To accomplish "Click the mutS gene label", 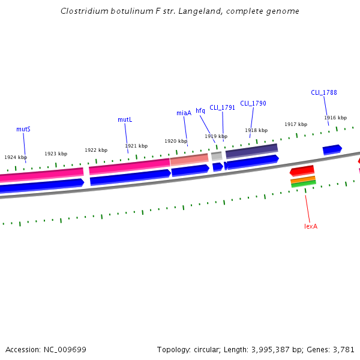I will pyautogui.click(x=23, y=129).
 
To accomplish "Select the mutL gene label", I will pyautogui.click(x=125, y=120).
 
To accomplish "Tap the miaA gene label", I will pyautogui.click(x=184, y=113).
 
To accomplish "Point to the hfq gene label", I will pyautogui.click(x=200, y=110).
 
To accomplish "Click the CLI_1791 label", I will pyautogui.click(x=222, y=108).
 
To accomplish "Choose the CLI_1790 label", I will pyautogui.click(x=253, y=103).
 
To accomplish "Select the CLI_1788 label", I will pyautogui.click(x=324, y=92).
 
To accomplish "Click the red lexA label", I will pyautogui.click(x=310, y=226).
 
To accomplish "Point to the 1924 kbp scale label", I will pyautogui.click(x=16, y=157).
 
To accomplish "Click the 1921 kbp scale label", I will pyautogui.click(x=136, y=146).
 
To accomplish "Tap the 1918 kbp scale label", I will pyautogui.click(x=256, y=130).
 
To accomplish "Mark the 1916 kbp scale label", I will pyautogui.click(x=335, y=118).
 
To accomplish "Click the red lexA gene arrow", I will pyautogui.click(x=302, y=171).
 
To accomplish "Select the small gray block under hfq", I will pyautogui.click(x=217, y=156).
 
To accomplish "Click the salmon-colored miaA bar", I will pyautogui.click(x=189, y=160).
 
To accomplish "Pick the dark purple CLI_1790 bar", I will pyautogui.click(x=251, y=150).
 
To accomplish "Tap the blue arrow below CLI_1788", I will pyautogui.click(x=332, y=149).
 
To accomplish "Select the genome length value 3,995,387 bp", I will pyautogui.click(x=279, y=349).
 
